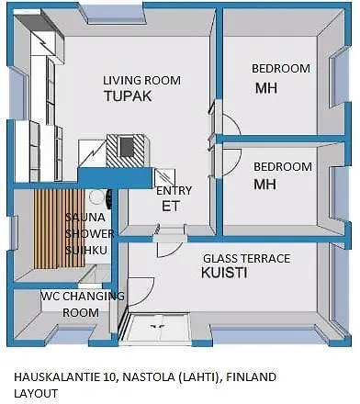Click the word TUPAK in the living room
point(128,95)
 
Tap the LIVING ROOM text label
point(141,81)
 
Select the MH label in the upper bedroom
point(266,88)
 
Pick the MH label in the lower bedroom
point(265,185)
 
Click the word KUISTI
point(224,273)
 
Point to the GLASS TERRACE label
point(247,259)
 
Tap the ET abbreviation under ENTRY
point(171,206)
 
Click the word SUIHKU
point(86,250)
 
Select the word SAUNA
point(85,218)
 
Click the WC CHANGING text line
point(83,296)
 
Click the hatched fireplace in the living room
point(127,151)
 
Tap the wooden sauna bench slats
point(59,229)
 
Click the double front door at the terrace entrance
point(159,326)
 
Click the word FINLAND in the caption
point(251,377)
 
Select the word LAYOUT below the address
point(36,393)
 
